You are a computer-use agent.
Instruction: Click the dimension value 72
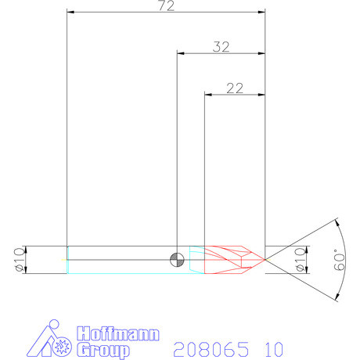click(165, 6)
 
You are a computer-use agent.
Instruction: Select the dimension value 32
click(221, 47)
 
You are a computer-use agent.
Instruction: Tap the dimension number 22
click(234, 88)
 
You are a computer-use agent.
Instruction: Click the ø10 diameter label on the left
click(18, 259)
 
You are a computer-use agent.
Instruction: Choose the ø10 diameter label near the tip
click(297, 259)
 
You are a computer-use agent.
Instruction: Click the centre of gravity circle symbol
click(178, 259)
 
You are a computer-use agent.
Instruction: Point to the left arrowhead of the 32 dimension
click(181, 53)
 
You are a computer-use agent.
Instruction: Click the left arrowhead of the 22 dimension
click(207, 94)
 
